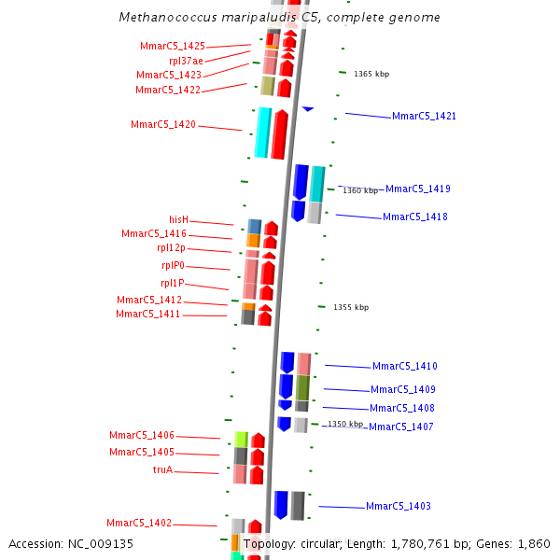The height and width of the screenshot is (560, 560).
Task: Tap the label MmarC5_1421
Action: pyautogui.click(x=424, y=116)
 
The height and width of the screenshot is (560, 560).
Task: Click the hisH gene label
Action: pyautogui.click(x=178, y=219)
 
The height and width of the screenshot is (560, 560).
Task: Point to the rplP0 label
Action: pyautogui.click(x=173, y=265)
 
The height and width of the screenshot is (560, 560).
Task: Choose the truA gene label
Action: pyautogui.click(x=162, y=469)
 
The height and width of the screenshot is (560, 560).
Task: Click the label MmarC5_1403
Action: pyautogui.click(x=398, y=506)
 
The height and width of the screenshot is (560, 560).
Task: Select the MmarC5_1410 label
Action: pyautogui.click(x=404, y=366)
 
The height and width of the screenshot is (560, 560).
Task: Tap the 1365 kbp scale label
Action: pyautogui.click(x=371, y=74)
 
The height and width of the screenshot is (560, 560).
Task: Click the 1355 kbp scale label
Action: pyautogui.click(x=351, y=307)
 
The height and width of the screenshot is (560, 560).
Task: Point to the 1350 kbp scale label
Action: pyautogui.click(x=344, y=424)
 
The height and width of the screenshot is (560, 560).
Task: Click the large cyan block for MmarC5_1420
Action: pyautogui.click(x=263, y=133)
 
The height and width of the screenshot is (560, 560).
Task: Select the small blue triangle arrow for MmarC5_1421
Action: pyautogui.click(x=307, y=109)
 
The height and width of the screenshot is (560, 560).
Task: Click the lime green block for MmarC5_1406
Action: pyautogui.click(x=241, y=440)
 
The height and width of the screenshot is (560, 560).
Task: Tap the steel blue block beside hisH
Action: pyautogui.click(x=254, y=226)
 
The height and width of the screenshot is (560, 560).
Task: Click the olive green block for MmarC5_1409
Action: pyautogui.click(x=302, y=387)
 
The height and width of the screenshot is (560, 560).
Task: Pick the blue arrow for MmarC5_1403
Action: pyautogui.click(x=281, y=504)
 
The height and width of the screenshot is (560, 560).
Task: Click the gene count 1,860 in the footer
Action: pyautogui.click(x=533, y=543)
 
